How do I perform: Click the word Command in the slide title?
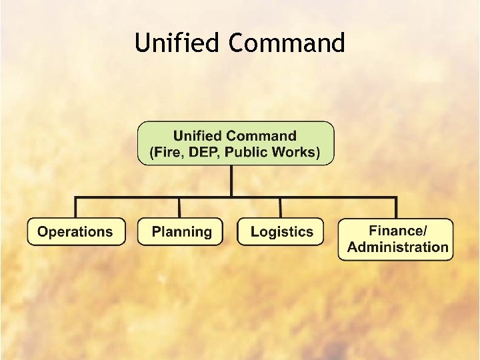286,43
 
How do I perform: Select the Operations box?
75,232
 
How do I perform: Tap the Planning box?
181,232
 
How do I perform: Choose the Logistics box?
281,232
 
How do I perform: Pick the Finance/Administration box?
397,239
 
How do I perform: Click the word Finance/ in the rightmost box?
398,231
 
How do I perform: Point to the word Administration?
398,247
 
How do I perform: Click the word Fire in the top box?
166,152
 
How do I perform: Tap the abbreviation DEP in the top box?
202,152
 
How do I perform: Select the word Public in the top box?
245,152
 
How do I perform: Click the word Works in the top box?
293,152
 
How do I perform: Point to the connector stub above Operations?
75,207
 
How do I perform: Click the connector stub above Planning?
180,207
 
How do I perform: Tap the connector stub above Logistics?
280,207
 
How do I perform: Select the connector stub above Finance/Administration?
396,207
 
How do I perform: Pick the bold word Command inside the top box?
263,136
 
